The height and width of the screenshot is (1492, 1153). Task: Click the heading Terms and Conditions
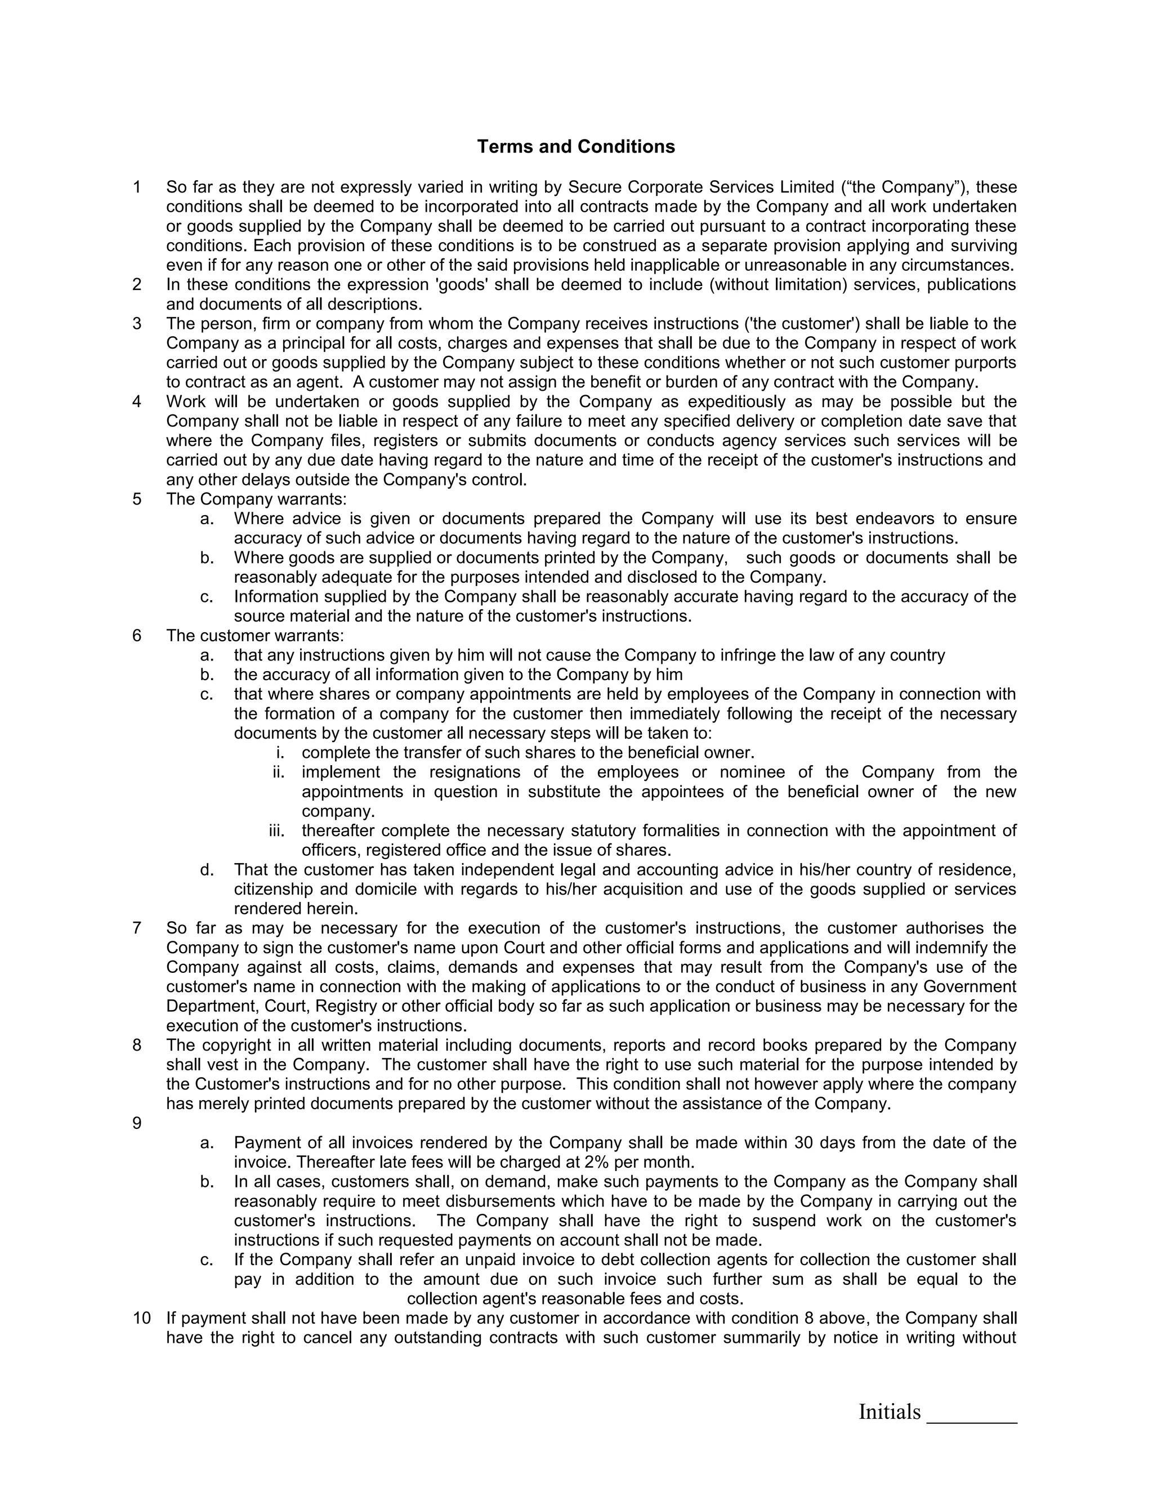pyautogui.click(x=576, y=147)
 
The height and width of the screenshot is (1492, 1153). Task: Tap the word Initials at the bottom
pyautogui.click(x=890, y=1411)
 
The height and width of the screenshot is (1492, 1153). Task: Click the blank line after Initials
pyautogui.click(x=971, y=1415)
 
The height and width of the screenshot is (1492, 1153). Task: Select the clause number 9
pyautogui.click(x=137, y=1123)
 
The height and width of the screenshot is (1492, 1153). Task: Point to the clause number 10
pyautogui.click(x=141, y=1318)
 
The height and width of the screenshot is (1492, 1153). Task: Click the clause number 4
pyautogui.click(x=137, y=401)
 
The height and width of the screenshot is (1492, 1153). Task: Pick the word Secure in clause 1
pyautogui.click(x=593, y=187)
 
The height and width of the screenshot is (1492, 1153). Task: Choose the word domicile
pyautogui.click(x=385, y=890)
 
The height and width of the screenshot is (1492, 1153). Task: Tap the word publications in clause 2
pyautogui.click(x=971, y=285)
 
